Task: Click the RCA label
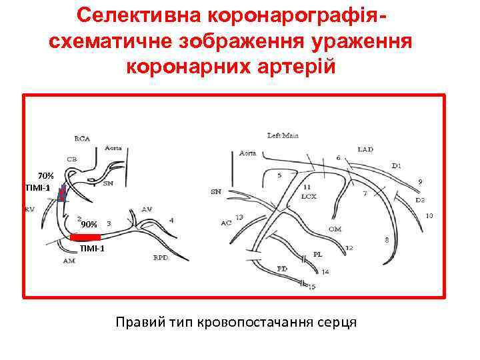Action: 82,139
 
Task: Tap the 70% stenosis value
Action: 45,175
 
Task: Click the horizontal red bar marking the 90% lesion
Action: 85,237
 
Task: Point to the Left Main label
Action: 283,136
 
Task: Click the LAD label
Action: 365,149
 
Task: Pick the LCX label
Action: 308,197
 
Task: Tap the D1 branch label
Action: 397,165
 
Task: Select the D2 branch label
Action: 419,200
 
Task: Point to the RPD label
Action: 161,257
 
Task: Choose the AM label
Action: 69,261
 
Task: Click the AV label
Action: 147,209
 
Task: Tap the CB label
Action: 71,159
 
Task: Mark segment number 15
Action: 311,287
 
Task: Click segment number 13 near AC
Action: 239,217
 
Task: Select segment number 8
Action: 387,239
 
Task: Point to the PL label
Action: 317,255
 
